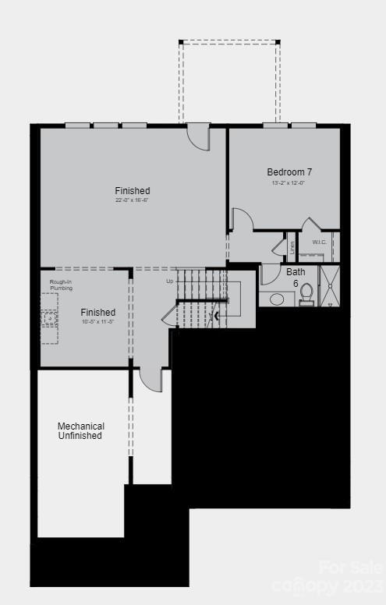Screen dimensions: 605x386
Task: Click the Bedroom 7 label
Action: [289, 172]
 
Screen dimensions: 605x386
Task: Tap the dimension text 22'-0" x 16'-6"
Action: [132, 200]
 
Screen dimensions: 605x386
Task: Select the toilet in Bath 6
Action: [306, 294]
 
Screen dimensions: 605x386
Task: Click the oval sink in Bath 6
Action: [277, 299]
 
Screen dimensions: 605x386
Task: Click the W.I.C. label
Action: [320, 242]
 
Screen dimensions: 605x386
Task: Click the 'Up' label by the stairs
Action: [169, 281]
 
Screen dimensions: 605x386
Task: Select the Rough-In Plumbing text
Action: [61, 285]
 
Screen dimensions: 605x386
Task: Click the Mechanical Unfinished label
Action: [80, 430]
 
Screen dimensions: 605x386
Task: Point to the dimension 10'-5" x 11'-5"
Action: [97, 322]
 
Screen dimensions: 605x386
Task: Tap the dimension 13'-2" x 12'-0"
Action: [289, 182]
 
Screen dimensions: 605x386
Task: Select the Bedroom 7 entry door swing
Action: [242, 220]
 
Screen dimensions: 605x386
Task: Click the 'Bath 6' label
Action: [296, 277]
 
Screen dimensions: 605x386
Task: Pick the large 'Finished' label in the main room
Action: [132, 190]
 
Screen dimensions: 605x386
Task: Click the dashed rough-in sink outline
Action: [49, 320]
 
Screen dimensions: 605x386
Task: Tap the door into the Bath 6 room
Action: [269, 274]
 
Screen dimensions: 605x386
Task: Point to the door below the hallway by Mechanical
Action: [150, 380]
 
